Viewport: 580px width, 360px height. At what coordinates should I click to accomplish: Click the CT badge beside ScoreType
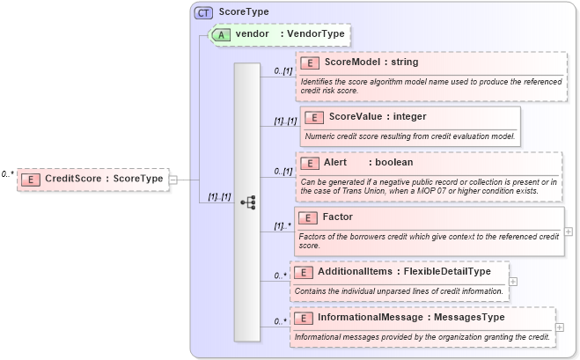coord(203,12)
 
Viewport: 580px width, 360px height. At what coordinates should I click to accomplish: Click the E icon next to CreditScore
coord(30,179)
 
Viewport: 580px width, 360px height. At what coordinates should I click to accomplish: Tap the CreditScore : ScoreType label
coord(104,179)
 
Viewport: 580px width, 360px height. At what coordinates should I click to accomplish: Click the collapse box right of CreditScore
coord(173,179)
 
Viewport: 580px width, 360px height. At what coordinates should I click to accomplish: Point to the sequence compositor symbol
coord(247,202)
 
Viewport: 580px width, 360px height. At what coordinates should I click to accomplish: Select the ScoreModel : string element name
coord(371,62)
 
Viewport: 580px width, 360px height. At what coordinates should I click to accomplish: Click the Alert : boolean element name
coord(368,163)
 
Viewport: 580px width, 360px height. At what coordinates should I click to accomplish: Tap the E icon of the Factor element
coord(308,217)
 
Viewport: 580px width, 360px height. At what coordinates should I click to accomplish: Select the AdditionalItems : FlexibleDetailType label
coord(404,272)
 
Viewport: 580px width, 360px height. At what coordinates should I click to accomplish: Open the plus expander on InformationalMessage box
coord(560,327)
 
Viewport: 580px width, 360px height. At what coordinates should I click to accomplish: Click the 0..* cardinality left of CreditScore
coord(8,174)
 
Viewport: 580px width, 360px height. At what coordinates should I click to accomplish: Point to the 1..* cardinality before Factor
coord(281,226)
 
